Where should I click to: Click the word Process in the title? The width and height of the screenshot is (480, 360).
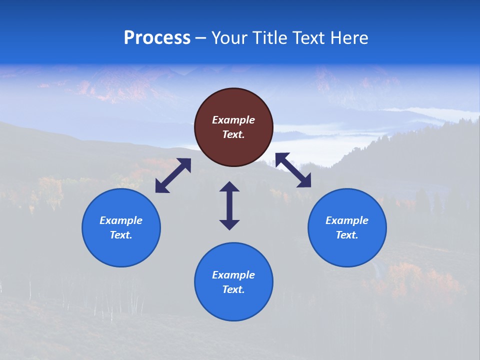pos(157,38)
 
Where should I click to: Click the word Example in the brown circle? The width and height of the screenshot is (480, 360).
pos(233,120)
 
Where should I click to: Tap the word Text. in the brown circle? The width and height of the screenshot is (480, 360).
pos(233,134)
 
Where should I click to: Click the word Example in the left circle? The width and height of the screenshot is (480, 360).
pos(121,220)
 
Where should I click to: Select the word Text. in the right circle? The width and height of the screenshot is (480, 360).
pos(347,235)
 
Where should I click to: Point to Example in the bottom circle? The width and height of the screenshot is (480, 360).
pos(233,275)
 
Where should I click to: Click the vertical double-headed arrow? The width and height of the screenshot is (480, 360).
pos(229,205)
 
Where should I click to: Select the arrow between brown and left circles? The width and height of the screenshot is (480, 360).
pos(173,175)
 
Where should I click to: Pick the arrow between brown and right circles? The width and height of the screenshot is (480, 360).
pos(293,170)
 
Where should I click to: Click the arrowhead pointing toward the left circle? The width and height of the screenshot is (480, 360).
pos(161,187)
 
